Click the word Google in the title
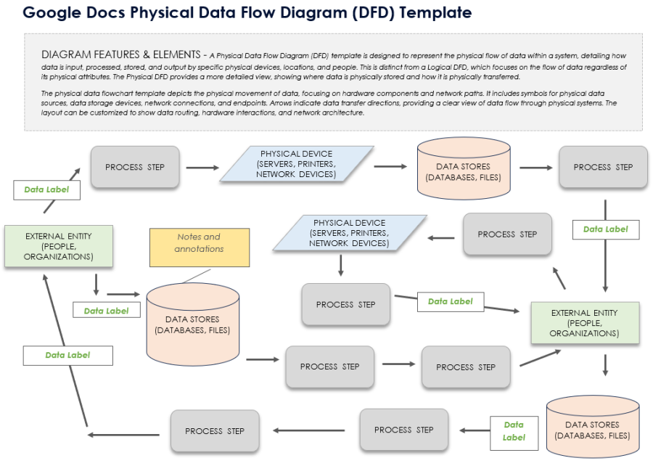pyautogui.click(x=50, y=13)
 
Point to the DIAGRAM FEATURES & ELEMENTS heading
pyautogui.click(x=121, y=54)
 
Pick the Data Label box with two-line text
pyautogui.click(x=513, y=431)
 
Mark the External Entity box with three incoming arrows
pyautogui.click(x=584, y=323)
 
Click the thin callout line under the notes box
pyautogui.click(x=196, y=274)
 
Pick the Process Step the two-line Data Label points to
pyautogui.click(x=403, y=430)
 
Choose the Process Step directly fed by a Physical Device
pyautogui.click(x=345, y=305)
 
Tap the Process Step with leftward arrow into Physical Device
pyautogui.click(x=507, y=234)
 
